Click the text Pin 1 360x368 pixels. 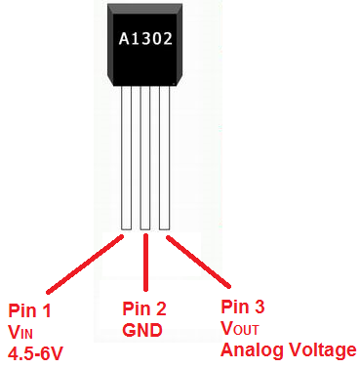click(28, 311)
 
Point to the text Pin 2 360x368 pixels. click(144, 309)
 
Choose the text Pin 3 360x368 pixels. click(245, 308)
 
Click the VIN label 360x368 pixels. click(20, 332)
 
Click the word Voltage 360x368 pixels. click(323, 350)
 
